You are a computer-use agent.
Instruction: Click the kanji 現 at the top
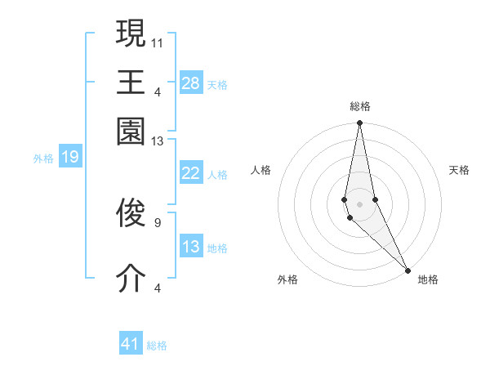click(131, 33)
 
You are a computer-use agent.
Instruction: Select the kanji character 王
click(131, 82)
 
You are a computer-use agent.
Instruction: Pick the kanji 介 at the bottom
click(131, 279)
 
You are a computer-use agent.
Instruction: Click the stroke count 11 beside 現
click(158, 41)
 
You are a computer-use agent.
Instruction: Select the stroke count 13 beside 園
click(158, 142)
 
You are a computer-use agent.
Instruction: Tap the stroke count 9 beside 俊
click(157, 221)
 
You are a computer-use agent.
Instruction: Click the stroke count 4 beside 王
click(157, 91)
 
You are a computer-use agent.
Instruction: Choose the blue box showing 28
click(190, 83)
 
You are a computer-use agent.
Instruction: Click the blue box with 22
click(190, 173)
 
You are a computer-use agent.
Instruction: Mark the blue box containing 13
click(190, 247)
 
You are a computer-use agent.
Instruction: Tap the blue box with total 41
click(131, 344)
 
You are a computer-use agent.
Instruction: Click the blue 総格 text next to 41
click(157, 346)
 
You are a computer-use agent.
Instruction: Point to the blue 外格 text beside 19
click(42, 159)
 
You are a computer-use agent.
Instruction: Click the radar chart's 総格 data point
click(359, 123)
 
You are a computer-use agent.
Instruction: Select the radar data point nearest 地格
click(408, 270)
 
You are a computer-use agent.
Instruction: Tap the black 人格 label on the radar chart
click(261, 170)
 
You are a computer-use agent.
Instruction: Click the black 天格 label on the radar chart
click(459, 170)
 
